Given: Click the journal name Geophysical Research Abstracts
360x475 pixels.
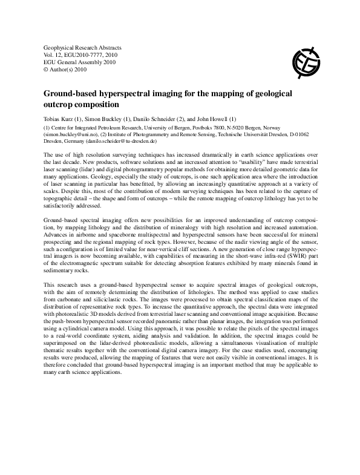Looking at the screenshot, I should pyautogui.click(x=83, y=47).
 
